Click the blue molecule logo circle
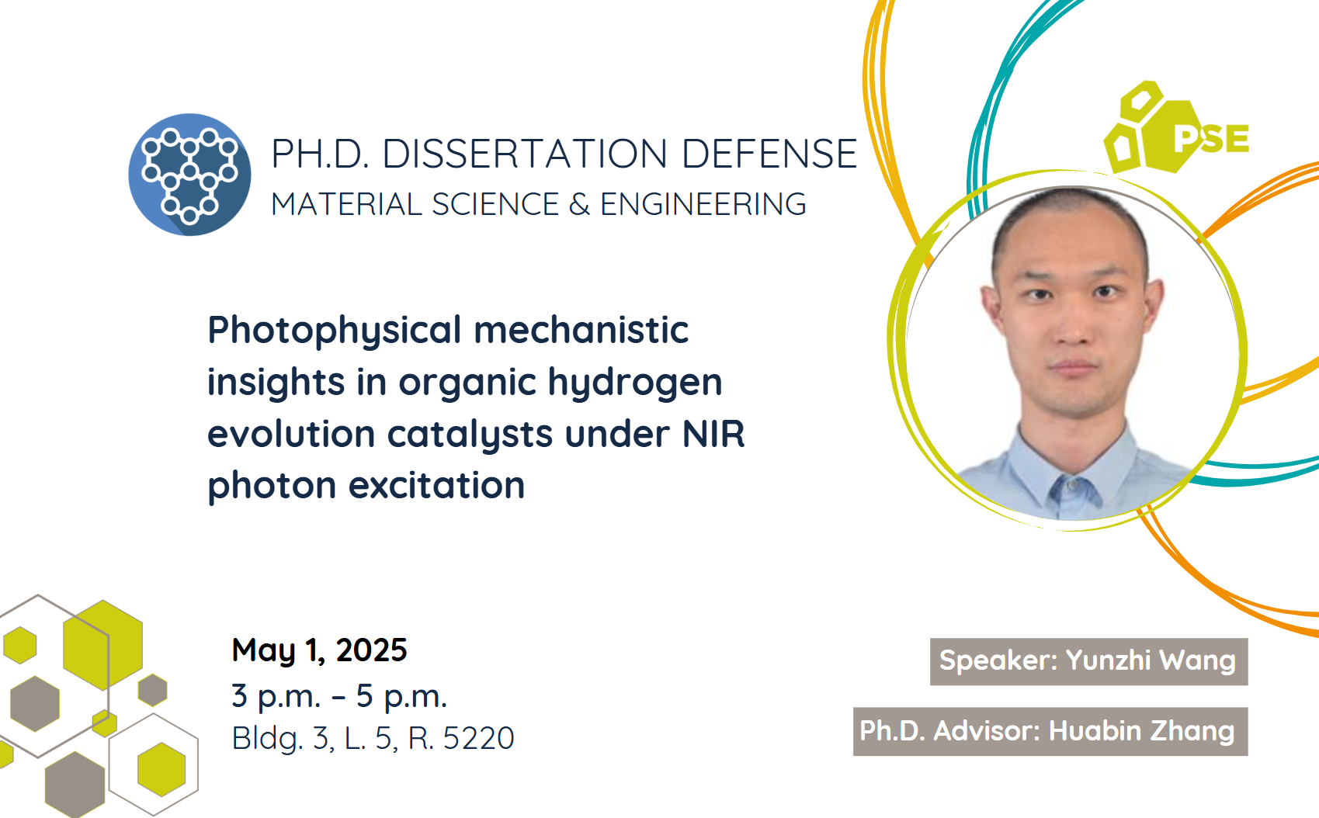pyautogui.click(x=189, y=175)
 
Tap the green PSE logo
pyautogui.click(x=1176, y=127)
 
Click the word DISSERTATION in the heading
pyautogui.click(x=525, y=154)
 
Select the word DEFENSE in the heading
pyautogui.click(x=769, y=154)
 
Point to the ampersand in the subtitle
pyautogui.click(x=579, y=205)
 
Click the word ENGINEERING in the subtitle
pyautogui.click(x=703, y=205)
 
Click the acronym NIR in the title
pyautogui.click(x=713, y=435)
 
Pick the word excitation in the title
pyautogui.click(x=436, y=486)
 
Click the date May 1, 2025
pyautogui.click(x=319, y=651)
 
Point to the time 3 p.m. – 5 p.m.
pyautogui.click(x=339, y=696)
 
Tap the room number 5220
pyautogui.click(x=479, y=738)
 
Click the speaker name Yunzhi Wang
pyautogui.click(x=1151, y=660)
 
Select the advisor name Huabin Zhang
pyautogui.click(x=1142, y=732)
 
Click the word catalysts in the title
pyautogui.click(x=470, y=435)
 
